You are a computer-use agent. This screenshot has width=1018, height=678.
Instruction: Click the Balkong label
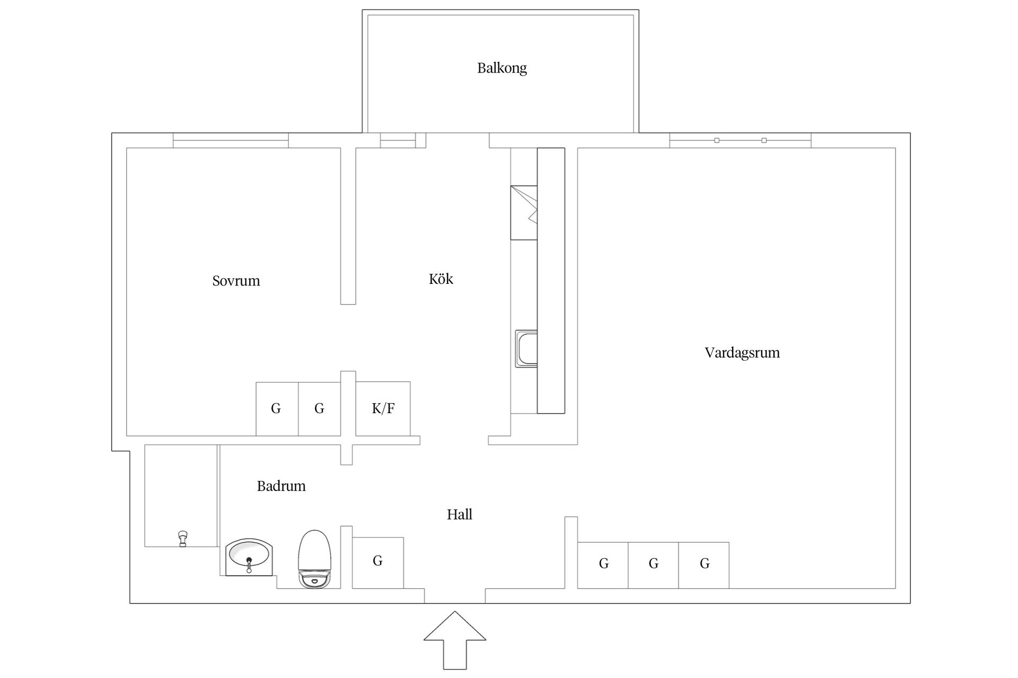pos(502,68)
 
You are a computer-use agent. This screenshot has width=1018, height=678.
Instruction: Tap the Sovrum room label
pos(236,281)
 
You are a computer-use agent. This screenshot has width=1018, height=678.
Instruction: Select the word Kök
pos(441,279)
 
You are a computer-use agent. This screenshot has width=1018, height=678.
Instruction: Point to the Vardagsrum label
pos(742,353)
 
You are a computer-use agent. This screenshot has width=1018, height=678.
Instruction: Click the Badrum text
pos(281,486)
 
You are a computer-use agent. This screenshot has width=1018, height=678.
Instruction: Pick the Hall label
pos(459,514)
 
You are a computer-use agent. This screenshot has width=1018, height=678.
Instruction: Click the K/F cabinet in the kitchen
pos(383,408)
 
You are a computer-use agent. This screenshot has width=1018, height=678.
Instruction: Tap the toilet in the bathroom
pos(315,559)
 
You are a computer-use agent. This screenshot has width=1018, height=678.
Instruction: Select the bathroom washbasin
pos(249,557)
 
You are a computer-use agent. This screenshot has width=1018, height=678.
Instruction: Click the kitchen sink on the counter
pos(526,349)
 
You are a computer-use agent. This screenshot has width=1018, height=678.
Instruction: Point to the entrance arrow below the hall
pos(455,640)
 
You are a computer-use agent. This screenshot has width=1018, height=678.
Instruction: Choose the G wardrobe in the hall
pos(378,563)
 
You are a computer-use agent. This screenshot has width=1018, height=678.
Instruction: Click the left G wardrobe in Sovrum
pos(277,409)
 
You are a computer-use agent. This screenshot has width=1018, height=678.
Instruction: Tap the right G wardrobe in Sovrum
pos(319,409)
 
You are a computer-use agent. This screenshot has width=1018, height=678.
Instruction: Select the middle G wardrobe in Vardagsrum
pos(653,565)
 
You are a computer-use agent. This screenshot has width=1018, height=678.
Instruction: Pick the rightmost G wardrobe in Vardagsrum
pos(704,565)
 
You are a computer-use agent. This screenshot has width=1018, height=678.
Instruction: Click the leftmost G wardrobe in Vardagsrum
pos(603,565)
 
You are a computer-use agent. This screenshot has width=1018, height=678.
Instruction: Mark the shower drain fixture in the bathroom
pos(183,538)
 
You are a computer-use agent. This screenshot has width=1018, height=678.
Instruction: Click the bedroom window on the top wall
pos(231,140)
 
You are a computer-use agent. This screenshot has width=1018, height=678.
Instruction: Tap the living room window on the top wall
pos(740,140)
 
